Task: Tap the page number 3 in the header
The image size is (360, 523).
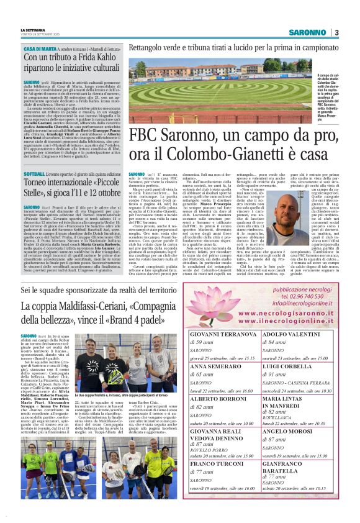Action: pyautogui.click(x=336, y=33)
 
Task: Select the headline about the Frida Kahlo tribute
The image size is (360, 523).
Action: pyautogui.click(x=71, y=63)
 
